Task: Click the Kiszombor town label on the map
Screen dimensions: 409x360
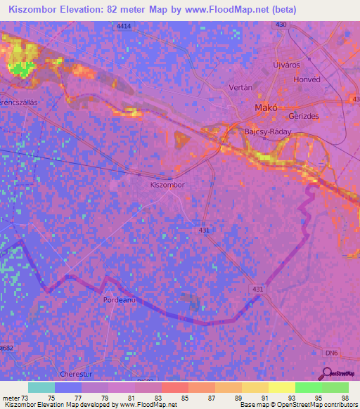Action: [167, 185]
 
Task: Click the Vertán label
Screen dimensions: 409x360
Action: [240, 88]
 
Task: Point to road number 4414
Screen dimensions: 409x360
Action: [124, 26]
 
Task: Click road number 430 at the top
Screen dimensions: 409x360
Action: [281, 25]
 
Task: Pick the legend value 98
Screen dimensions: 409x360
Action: [344, 398]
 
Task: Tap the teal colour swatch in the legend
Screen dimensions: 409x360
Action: [41, 387]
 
